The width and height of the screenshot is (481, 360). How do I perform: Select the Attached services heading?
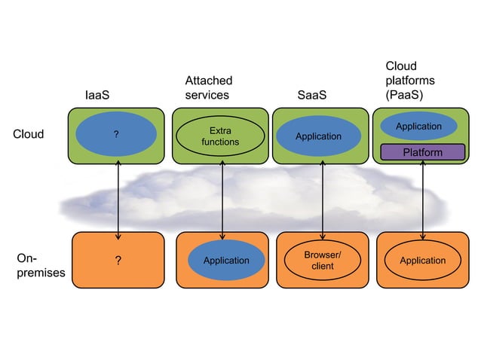tap(208, 88)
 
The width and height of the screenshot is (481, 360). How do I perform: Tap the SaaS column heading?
tap(313, 96)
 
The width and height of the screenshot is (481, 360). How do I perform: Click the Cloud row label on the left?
tap(29, 135)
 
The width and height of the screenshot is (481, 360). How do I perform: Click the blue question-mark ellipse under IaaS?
tap(116, 135)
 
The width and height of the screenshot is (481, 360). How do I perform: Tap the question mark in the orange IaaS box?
tap(118, 261)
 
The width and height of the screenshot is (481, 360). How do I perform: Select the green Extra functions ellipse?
tap(220, 136)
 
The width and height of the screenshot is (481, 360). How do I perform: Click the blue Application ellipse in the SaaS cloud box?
tap(317, 136)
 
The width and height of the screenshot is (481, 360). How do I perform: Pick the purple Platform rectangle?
tap(422, 152)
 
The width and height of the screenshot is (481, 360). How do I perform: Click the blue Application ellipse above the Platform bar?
tap(418, 127)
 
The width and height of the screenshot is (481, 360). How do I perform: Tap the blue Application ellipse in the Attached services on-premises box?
tap(225, 261)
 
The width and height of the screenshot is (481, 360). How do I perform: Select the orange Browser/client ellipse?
tap(323, 261)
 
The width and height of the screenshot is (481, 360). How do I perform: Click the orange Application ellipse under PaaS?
tap(422, 261)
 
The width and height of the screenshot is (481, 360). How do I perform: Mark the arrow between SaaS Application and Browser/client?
tap(323, 197)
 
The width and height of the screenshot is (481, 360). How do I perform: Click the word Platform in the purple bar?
tap(422, 152)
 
